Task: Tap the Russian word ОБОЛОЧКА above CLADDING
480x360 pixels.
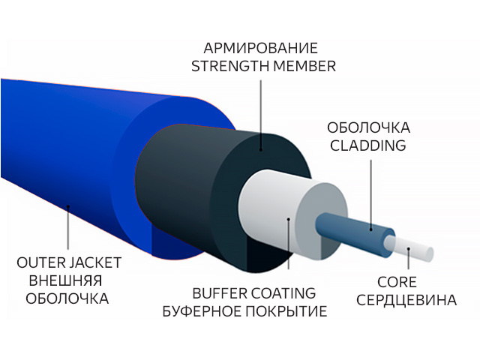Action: tap(367, 127)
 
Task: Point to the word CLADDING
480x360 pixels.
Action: tap(367, 145)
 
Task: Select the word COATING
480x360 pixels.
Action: tap(285, 292)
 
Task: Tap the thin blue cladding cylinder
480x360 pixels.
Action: tap(352, 229)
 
